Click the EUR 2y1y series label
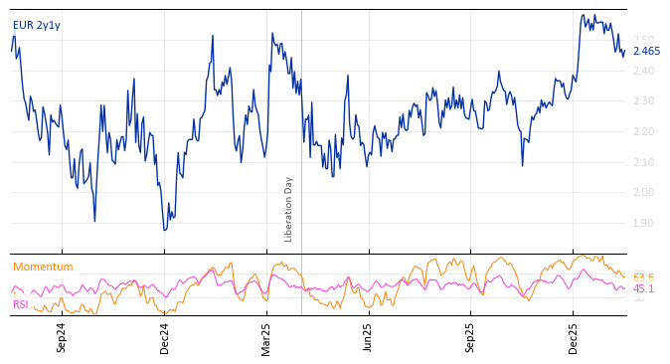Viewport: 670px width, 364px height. click(x=36, y=26)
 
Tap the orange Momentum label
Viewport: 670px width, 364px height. click(x=43, y=267)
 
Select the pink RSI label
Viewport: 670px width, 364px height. click(x=20, y=304)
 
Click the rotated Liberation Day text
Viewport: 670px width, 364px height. click(x=289, y=209)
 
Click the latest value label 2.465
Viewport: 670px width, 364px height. click(x=646, y=52)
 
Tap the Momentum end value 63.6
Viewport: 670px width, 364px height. click(x=643, y=278)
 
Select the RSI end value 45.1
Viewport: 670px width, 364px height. click(x=643, y=289)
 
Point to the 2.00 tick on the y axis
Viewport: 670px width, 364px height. click(x=644, y=193)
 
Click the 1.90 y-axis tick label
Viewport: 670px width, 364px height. click(x=644, y=224)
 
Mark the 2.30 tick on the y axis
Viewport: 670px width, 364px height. click(x=644, y=101)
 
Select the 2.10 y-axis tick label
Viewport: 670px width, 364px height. click(x=644, y=162)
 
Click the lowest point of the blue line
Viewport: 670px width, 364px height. click(x=165, y=230)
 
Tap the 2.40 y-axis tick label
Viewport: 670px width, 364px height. click(x=644, y=72)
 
